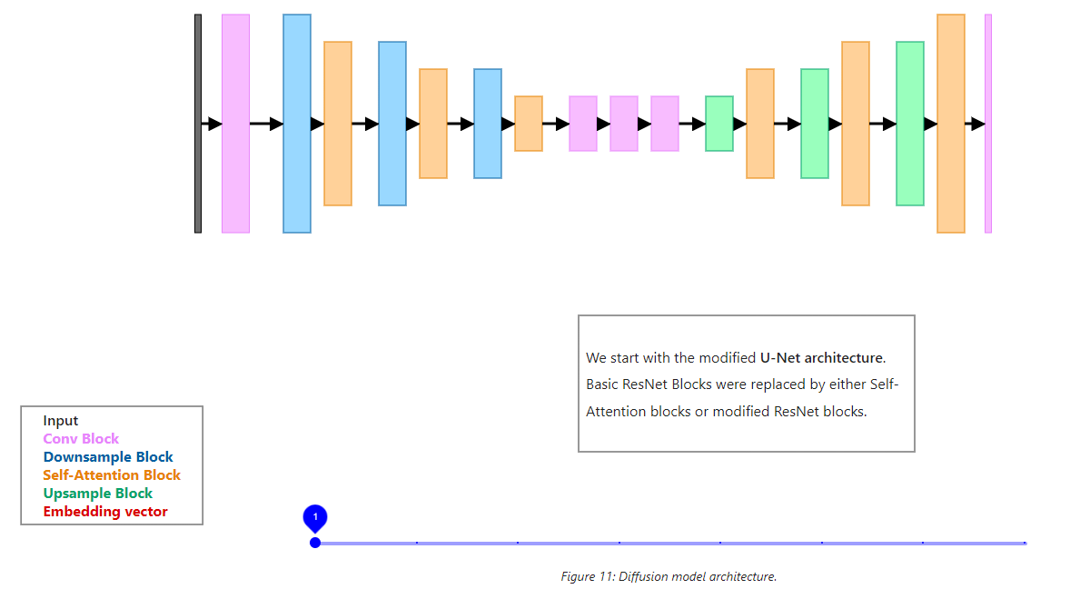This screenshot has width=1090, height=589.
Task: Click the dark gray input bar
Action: pyautogui.click(x=198, y=124)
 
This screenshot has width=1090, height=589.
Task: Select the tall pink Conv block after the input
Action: pyautogui.click(x=235, y=124)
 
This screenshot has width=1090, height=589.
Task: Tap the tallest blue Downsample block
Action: pyautogui.click(x=297, y=124)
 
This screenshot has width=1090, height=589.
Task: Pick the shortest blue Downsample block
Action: pyautogui.click(x=488, y=124)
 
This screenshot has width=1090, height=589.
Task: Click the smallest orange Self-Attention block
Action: pyautogui.click(x=529, y=124)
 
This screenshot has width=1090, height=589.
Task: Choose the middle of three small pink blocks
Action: pyautogui.click(x=624, y=124)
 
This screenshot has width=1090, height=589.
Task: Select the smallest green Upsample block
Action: pyautogui.click(x=719, y=124)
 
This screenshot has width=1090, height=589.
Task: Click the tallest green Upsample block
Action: pyautogui.click(x=910, y=124)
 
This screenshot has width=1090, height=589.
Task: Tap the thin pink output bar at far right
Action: pyautogui.click(x=988, y=124)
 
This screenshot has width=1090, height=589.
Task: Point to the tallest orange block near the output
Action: pyautogui.click(x=951, y=124)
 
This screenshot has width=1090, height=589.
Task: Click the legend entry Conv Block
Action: pyautogui.click(x=81, y=439)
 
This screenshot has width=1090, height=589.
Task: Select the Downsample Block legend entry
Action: pyautogui.click(x=108, y=457)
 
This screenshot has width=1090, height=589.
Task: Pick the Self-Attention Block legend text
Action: pyautogui.click(x=112, y=475)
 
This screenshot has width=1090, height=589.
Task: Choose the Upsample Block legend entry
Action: pyautogui.click(x=98, y=494)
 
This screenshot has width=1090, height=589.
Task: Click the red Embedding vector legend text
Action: pyautogui.click(x=105, y=512)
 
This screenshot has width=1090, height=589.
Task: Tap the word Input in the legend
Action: pyautogui.click(x=61, y=421)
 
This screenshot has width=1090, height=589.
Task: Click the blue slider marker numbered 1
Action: pyautogui.click(x=315, y=519)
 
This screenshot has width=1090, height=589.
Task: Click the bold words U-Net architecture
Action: pyautogui.click(x=821, y=357)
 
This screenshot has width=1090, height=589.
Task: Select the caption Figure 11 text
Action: pyautogui.click(x=669, y=576)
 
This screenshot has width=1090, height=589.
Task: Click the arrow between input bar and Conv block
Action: pyautogui.click(x=213, y=124)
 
